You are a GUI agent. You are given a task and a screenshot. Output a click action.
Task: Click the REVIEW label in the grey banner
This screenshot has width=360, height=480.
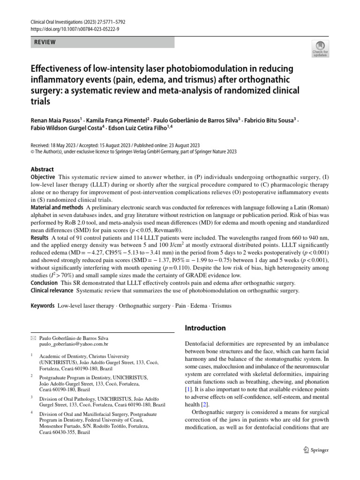coord(45,42)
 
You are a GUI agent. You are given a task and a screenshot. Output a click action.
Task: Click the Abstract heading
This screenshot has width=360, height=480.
coord(42,169)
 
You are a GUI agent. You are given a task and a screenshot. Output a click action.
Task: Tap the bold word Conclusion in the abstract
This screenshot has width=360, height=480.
coord(44,283)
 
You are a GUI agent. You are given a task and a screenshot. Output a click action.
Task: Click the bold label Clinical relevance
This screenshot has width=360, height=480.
coord(51,291)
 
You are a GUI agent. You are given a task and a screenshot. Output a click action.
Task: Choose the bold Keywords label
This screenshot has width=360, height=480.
coord(43,306)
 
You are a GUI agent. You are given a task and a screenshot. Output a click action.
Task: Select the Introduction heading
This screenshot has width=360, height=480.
coord(205,328)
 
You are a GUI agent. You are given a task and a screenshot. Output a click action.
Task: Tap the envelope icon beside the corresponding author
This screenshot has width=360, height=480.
coord(33,337)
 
